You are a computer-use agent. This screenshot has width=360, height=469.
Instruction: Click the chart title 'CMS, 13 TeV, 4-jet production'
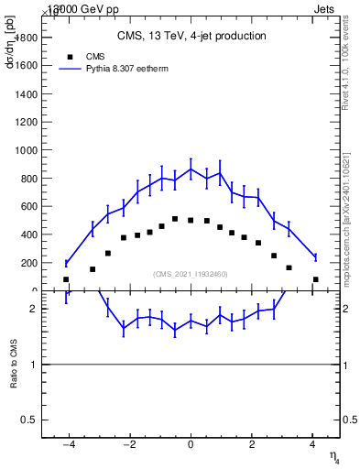click(x=191, y=37)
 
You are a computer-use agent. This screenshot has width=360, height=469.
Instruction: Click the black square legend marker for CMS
click(x=67, y=55)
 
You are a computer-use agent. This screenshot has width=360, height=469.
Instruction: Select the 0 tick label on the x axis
click(x=191, y=446)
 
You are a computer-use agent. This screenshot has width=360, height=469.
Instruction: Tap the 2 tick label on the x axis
click(x=251, y=446)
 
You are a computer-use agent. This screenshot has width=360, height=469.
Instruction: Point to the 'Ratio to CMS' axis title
click(x=13, y=364)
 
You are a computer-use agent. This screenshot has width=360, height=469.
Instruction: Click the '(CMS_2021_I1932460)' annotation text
click(x=191, y=274)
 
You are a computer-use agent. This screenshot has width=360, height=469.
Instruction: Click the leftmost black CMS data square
click(x=66, y=279)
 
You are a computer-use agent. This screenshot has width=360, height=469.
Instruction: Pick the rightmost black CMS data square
click(x=315, y=279)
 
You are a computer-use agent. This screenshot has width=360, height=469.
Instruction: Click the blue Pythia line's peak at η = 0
click(x=191, y=169)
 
